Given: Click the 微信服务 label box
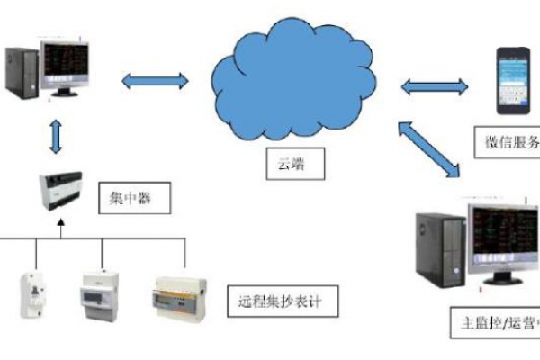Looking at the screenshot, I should (508, 141).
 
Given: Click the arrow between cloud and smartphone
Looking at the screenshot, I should (435, 87).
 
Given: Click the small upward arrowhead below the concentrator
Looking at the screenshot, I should (60, 230).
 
